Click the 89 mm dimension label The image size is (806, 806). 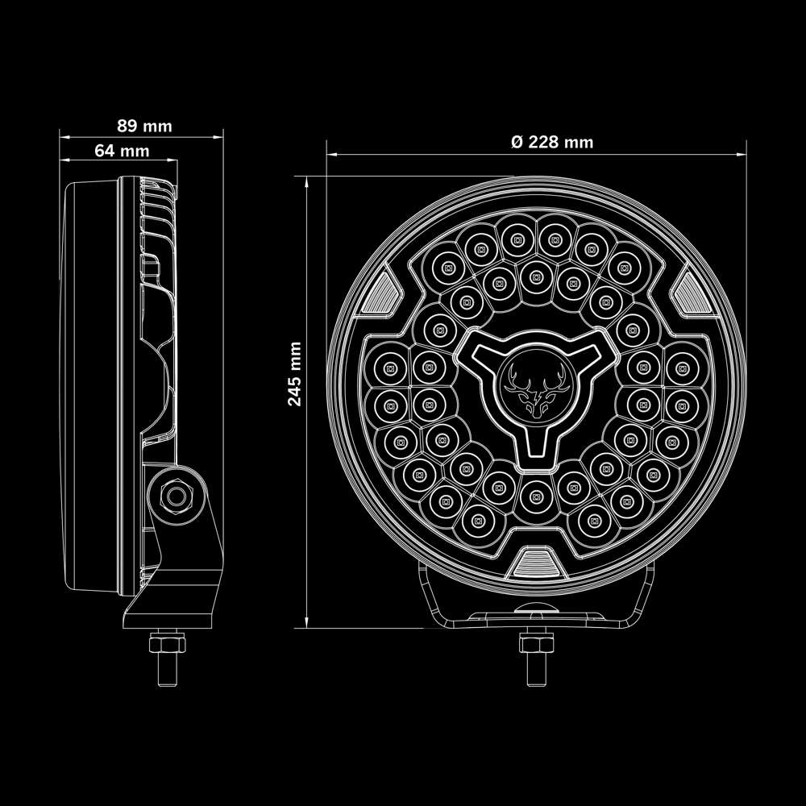144,126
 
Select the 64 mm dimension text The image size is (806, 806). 122,151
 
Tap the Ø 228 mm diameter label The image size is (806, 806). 552,142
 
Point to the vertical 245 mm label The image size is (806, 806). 295,373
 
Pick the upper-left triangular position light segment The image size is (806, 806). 384,290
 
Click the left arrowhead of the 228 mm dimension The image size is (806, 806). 330,153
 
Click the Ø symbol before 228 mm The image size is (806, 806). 517,142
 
